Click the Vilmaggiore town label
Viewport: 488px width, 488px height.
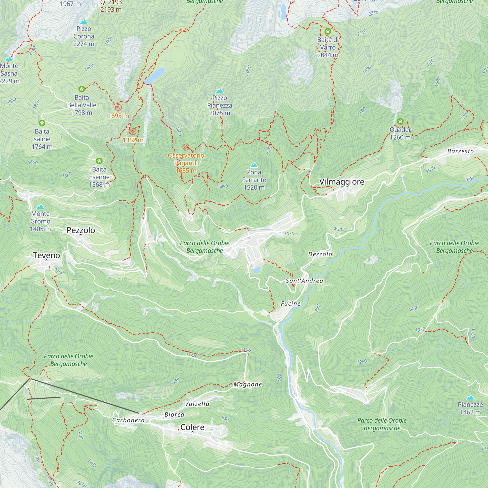[x=342, y=182]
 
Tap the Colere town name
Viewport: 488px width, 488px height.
[x=192, y=427]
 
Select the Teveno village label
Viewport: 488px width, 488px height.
[x=46, y=255]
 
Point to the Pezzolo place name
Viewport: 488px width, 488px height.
[x=81, y=230]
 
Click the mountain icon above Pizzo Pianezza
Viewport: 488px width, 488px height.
[x=220, y=91]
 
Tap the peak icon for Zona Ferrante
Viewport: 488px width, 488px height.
[x=254, y=165]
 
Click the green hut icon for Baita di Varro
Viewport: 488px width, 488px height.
[x=328, y=31]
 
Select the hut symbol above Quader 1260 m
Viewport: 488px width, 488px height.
[x=400, y=122]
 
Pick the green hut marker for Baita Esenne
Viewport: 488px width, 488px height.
[x=99, y=161]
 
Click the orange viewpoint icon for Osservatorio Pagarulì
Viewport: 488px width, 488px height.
[x=186, y=147]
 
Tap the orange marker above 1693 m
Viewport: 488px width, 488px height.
[x=118, y=107]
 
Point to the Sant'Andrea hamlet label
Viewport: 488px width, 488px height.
[x=304, y=281]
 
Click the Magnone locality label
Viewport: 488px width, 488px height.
[x=247, y=385]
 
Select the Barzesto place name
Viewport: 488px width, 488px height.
[x=460, y=151]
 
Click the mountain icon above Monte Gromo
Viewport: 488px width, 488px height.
[x=40, y=207]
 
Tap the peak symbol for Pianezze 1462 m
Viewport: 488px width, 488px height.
[x=470, y=397]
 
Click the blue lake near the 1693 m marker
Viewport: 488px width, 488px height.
[x=155, y=75]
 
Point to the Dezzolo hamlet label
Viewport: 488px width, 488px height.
[x=320, y=254]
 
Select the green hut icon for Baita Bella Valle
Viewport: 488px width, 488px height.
[x=81, y=89]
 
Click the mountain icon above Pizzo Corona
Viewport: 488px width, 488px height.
[x=84, y=22]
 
